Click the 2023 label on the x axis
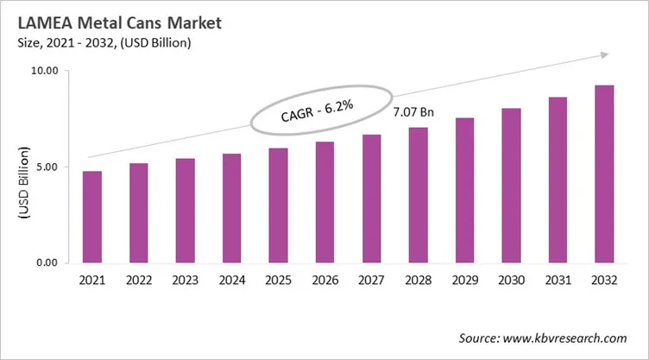pyautogui.click(x=185, y=282)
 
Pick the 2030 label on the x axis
pyautogui.click(x=511, y=282)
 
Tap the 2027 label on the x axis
pyautogui.click(x=371, y=282)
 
